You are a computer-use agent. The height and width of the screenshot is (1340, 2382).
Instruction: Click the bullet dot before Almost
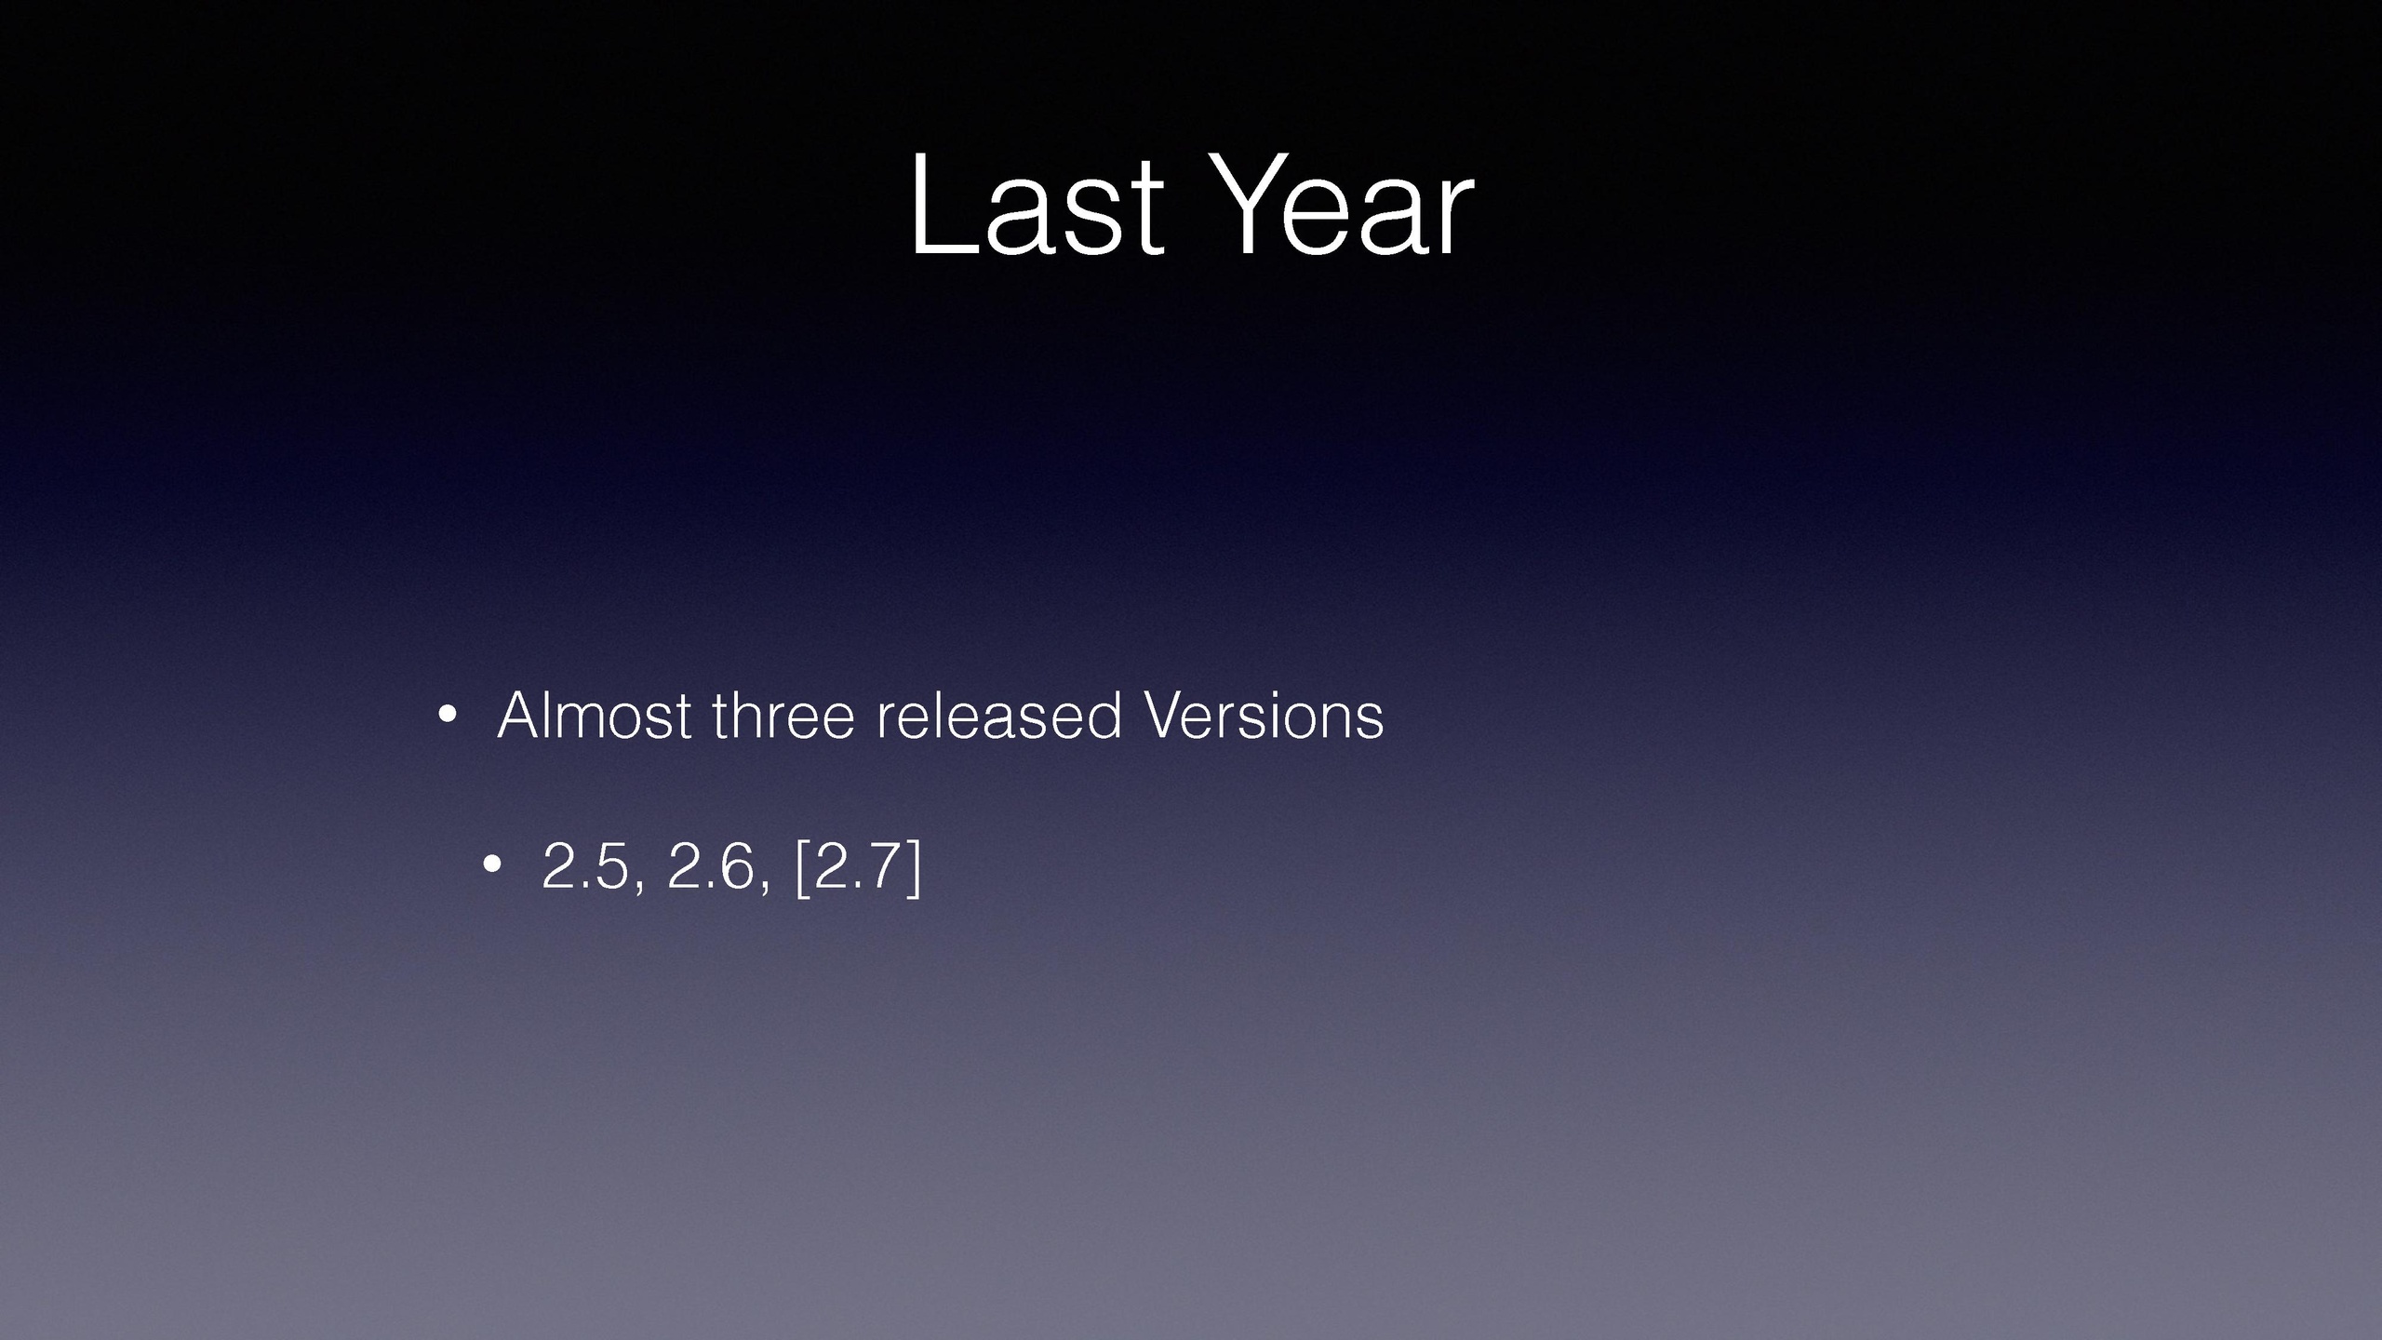[x=447, y=716]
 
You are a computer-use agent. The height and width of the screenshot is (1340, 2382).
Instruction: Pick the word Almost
[x=595, y=715]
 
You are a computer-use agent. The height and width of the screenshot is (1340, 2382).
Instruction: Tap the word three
[x=783, y=715]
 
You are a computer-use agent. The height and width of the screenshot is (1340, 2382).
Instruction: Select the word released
[x=999, y=715]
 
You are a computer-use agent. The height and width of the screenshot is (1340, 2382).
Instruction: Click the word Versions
[x=1264, y=715]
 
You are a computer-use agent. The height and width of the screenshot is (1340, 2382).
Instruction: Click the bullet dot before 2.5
[x=492, y=866]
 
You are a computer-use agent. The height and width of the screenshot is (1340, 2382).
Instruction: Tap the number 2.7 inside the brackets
[x=854, y=865]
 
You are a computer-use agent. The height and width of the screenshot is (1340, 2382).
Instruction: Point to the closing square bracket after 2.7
[x=913, y=867]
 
